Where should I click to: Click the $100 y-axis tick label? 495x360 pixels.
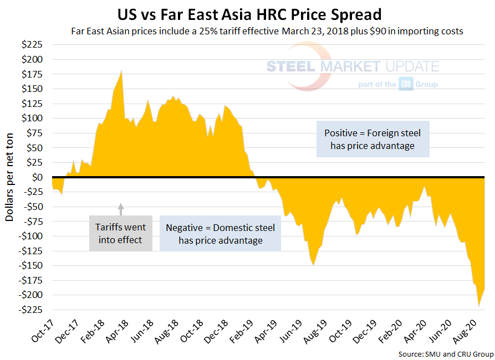click(x=34, y=118)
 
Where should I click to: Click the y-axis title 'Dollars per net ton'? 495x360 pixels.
click(x=10, y=177)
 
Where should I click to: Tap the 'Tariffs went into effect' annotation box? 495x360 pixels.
click(x=120, y=233)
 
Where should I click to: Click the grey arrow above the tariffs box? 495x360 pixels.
click(x=121, y=209)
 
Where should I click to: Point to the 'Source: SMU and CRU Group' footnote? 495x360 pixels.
click(x=445, y=353)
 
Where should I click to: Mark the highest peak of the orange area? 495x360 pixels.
click(x=121, y=70)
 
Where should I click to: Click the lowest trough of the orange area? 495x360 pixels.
click(x=478, y=306)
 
